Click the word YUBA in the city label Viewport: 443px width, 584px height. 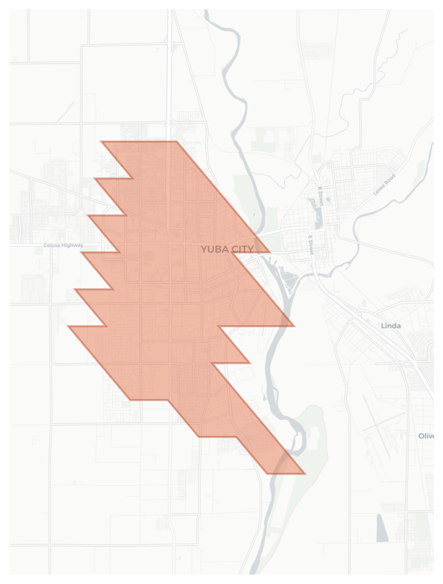(213, 249)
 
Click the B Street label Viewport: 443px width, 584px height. (320, 196)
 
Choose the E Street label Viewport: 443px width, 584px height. (311, 245)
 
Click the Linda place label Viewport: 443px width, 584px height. (390, 326)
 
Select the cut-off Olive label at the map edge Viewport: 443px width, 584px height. (426, 436)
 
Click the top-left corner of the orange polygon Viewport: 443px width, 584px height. (101, 142)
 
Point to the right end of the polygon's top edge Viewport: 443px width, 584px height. (176, 142)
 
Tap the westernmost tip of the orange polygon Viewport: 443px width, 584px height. (68, 326)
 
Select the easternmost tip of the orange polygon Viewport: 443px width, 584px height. (305, 473)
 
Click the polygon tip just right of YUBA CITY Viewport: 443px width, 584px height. (269, 252)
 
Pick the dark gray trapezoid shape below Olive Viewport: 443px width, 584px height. (382, 528)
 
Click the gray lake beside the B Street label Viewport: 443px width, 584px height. (318, 217)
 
